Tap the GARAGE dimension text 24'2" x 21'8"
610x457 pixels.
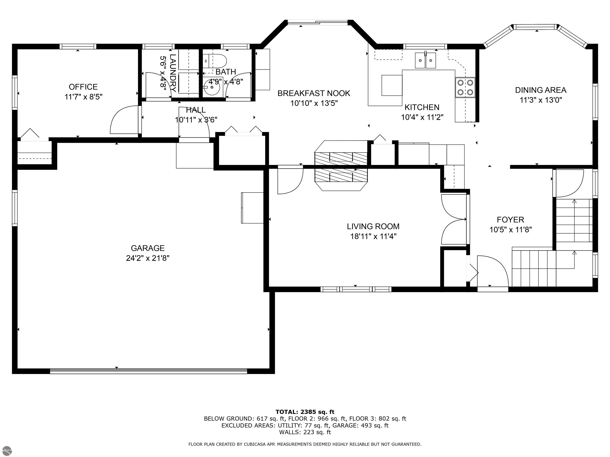click(148, 258)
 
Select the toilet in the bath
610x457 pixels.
click(215, 61)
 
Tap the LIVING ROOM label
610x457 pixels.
click(373, 227)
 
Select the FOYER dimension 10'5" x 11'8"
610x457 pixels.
click(511, 229)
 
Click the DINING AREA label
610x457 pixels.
click(541, 90)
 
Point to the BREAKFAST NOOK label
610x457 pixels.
click(314, 93)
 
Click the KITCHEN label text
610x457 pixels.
click(422, 107)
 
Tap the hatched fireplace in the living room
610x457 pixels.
click(341, 166)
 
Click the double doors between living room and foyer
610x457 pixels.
click(454, 219)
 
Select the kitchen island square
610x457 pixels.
click(392, 85)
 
